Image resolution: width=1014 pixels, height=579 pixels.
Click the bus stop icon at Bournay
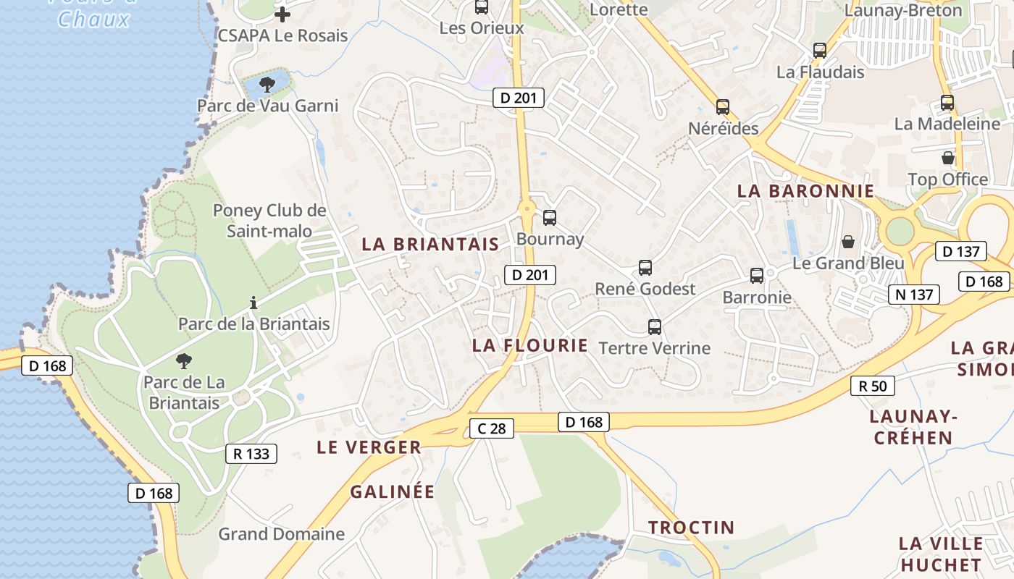[550, 217]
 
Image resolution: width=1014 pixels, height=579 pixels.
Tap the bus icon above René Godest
[645, 268]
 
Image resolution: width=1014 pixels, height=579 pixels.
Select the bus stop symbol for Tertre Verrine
[655, 327]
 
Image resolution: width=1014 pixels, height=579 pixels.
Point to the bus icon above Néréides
[723, 107]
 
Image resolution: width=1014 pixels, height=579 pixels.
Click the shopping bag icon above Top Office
[948, 158]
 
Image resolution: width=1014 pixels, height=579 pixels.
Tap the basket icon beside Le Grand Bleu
[848, 242]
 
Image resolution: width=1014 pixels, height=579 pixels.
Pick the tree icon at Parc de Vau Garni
[267, 85]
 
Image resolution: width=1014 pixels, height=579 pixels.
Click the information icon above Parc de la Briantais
[253, 303]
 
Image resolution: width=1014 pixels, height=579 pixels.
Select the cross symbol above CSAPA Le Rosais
[282, 14]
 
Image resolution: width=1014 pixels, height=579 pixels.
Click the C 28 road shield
[491, 428]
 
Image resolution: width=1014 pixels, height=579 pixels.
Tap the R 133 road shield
[251, 454]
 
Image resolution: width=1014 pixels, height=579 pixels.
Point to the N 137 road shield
[914, 294]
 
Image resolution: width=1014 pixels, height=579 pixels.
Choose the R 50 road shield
[873, 386]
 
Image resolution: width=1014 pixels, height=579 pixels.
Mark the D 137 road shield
[961, 251]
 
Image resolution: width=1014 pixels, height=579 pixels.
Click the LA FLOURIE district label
[530, 345]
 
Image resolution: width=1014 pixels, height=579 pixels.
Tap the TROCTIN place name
[691, 528]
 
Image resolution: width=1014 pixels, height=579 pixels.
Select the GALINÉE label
[393, 492]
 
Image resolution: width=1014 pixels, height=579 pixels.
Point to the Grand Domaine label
[282, 534]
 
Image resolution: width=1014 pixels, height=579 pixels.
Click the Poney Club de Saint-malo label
[269, 221]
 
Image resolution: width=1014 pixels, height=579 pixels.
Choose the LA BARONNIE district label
[806, 191]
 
